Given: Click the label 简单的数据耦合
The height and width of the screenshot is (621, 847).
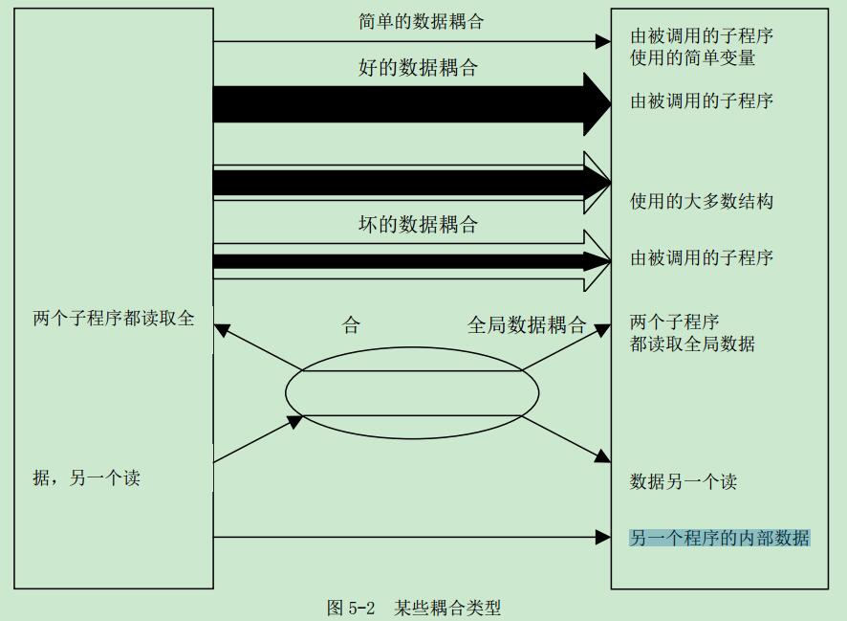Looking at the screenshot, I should [x=421, y=21].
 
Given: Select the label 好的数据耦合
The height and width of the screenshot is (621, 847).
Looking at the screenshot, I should [x=418, y=68].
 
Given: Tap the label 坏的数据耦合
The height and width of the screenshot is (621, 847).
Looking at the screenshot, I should [x=418, y=226].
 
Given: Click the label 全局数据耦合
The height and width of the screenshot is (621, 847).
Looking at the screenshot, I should [x=526, y=325].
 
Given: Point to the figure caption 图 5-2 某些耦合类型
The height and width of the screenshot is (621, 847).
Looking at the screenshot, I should [x=413, y=608].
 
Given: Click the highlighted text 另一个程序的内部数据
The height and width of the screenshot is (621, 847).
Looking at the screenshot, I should [x=719, y=538].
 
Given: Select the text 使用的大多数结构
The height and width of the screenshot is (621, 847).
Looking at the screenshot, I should [x=701, y=201].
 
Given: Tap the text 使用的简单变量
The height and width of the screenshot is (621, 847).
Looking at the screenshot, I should [x=692, y=57].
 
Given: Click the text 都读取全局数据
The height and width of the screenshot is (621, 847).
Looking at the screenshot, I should [x=692, y=344].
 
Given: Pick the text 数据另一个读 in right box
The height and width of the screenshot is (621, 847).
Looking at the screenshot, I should [x=683, y=482].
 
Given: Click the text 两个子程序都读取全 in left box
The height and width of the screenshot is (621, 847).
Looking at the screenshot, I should [x=113, y=319].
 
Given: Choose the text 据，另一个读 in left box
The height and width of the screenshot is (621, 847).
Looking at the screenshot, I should [x=86, y=477].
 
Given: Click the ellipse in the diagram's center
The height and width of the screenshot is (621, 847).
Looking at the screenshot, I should [x=412, y=391].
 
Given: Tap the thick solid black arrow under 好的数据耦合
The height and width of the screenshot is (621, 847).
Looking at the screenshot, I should [x=402, y=103].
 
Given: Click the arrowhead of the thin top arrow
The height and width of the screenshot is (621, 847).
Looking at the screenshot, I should [x=603, y=41].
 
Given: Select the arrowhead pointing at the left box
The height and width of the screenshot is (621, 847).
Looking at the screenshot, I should [x=222, y=330].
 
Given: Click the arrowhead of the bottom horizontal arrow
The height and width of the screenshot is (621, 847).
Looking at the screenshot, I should [x=603, y=538].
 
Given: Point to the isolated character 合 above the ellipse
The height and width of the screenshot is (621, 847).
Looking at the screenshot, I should [x=351, y=325].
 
